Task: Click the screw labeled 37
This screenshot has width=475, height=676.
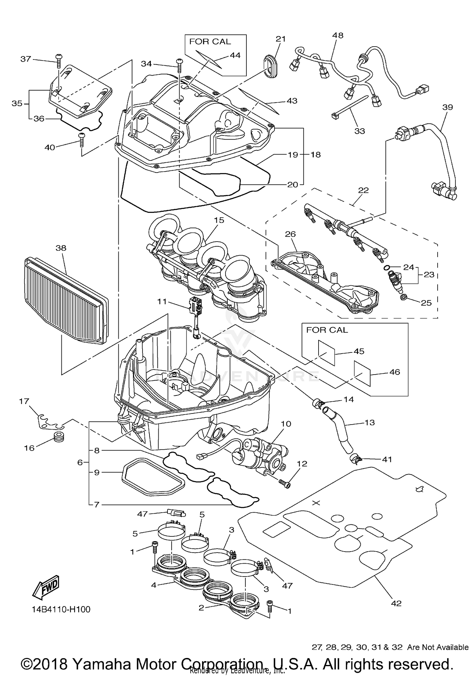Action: pos(59,60)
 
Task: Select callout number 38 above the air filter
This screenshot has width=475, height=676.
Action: pos(61,248)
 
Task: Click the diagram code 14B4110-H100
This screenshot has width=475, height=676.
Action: pos(61,610)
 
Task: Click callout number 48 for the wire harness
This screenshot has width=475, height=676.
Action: pos(338,35)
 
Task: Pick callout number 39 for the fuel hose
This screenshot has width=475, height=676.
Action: pos(447,107)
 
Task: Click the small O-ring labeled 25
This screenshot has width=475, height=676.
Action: pos(403,297)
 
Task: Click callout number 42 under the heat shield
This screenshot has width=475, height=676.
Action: pos(396,603)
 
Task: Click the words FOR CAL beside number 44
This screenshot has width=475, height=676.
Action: pos(210,42)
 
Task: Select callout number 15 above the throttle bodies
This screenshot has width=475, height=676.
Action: pos(219,220)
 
